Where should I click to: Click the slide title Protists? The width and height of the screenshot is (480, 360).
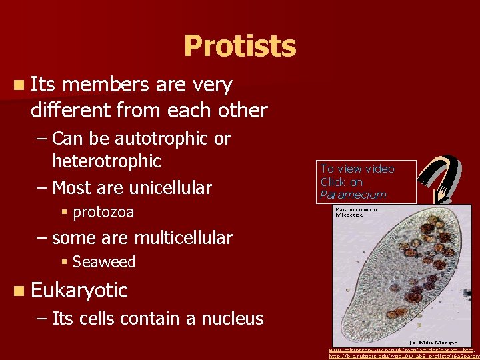[x=239, y=47]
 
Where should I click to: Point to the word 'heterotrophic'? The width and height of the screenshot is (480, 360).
[x=107, y=161]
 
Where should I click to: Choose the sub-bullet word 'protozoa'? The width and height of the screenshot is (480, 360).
[x=103, y=213]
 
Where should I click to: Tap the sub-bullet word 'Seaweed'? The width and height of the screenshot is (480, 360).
[x=104, y=262]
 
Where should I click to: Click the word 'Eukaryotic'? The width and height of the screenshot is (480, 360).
[x=79, y=291]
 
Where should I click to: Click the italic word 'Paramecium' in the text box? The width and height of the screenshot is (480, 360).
[x=353, y=195]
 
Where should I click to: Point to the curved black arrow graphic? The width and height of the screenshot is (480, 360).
[x=441, y=177]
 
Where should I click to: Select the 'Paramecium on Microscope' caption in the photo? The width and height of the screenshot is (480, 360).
[x=355, y=213]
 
